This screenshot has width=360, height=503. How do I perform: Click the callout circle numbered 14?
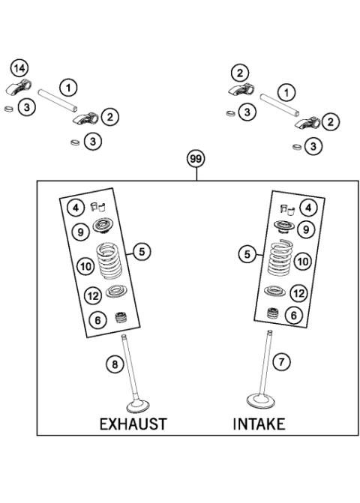[x=20, y=68]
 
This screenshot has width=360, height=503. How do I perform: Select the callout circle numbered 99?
[x=196, y=160]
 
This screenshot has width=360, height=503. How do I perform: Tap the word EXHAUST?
[x=133, y=424]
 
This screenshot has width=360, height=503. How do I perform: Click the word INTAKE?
[x=259, y=424]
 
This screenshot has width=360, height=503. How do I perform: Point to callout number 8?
[x=115, y=364]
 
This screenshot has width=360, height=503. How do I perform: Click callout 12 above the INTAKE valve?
[x=299, y=293]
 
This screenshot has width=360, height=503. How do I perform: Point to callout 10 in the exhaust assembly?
[x=85, y=265]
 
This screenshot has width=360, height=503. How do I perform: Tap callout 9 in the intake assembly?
[x=304, y=228]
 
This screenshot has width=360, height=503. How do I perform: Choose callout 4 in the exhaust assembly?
[x=76, y=206]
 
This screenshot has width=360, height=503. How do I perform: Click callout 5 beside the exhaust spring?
[x=141, y=252]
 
